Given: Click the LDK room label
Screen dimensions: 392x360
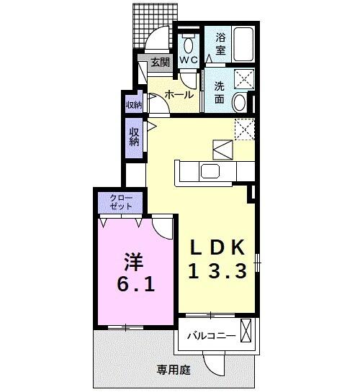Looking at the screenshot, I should [x=218, y=247].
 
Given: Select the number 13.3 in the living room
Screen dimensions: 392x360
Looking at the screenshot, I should [x=218, y=271].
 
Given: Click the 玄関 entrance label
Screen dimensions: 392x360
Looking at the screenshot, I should [x=161, y=63].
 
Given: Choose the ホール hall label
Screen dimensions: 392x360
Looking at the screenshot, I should [x=178, y=94].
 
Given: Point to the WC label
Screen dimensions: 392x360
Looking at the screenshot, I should [x=189, y=60].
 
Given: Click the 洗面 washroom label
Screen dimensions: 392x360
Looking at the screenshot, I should [x=220, y=91].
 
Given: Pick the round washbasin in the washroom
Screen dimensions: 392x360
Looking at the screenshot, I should [x=240, y=104].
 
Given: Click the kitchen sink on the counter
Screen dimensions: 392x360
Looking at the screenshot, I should [x=210, y=171].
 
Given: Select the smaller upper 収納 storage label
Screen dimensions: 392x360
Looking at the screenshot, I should [x=134, y=104].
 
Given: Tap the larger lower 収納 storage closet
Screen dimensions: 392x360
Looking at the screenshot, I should [x=134, y=137].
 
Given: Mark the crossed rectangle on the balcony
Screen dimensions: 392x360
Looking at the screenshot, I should [x=247, y=333].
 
